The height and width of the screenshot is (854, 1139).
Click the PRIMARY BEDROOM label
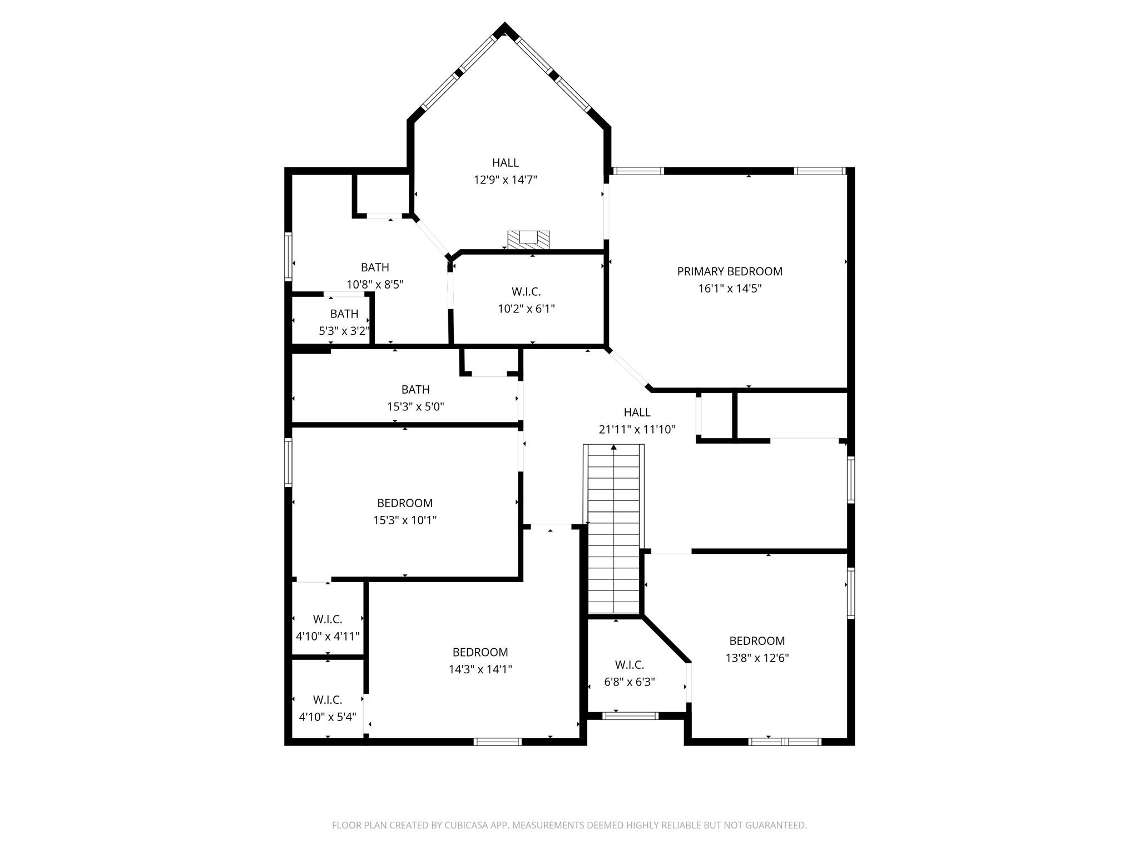click(x=729, y=271)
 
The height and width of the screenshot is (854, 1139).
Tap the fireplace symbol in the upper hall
click(x=528, y=240)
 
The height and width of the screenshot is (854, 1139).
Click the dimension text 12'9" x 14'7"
click(x=505, y=180)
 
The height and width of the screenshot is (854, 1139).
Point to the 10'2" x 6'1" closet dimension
click(x=526, y=309)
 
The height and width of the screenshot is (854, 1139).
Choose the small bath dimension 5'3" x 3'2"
click(x=344, y=331)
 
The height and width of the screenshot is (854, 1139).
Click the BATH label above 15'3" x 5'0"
click(x=415, y=389)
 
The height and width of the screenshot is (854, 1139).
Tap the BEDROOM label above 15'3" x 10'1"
click(x=404, y=503)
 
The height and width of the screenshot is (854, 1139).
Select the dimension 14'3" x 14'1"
click(x=480, y=669)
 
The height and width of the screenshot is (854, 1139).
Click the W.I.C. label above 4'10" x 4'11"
click(x=327, y=619)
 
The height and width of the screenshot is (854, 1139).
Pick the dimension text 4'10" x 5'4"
click(x=327, y=717)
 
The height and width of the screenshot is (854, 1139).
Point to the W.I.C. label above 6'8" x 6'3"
click(x=629, y=665)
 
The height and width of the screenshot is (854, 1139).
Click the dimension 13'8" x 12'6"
click(x=757, y=658)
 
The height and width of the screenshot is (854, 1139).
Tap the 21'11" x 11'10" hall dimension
click(x=637, y=430)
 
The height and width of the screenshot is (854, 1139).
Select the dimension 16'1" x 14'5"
click(x=729, y=289)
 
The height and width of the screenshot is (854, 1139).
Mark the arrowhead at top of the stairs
click(x=613, y=447)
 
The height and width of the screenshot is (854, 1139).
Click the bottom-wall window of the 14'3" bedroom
click(x=497, y=741)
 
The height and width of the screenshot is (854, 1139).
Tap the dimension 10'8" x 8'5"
click(x=375, y=285)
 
